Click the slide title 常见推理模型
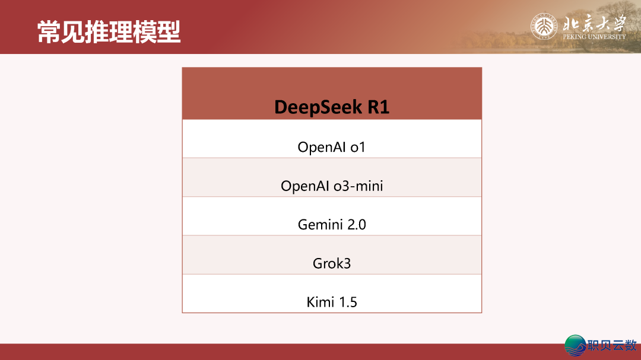click(109, 32)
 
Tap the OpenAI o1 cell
click(332, 147)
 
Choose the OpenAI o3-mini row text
click(332, 186)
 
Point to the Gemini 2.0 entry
click(332, 225)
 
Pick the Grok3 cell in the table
click(332, 263)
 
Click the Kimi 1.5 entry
click(332, 302)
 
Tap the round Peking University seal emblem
click(544, 27)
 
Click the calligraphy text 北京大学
click(594, 24)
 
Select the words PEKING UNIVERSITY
click(594, 37)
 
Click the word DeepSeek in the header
click(318, 107)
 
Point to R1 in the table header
click(378, 107)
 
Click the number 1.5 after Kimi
click(348, 302)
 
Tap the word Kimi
click(320, 302)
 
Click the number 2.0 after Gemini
click(357, 225)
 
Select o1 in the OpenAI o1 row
click(357, 147)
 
